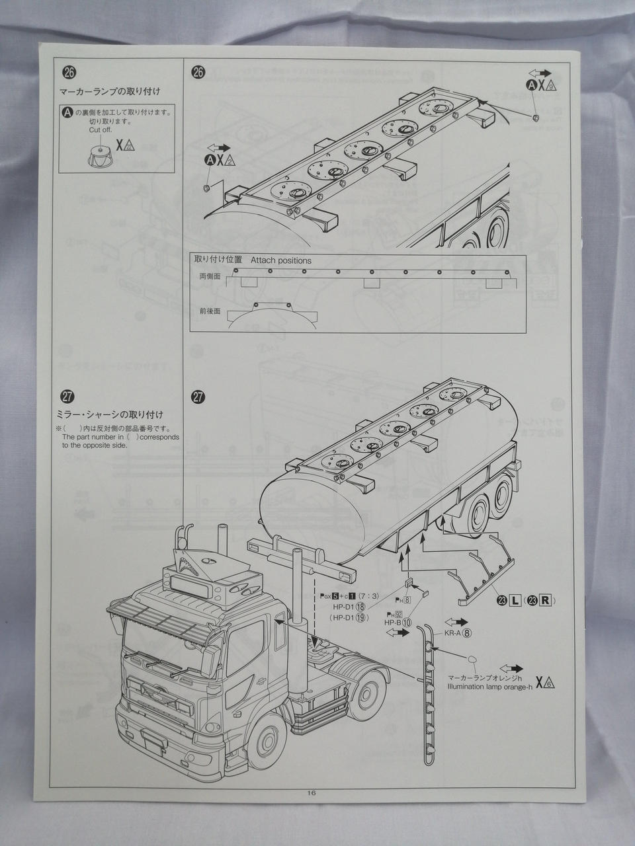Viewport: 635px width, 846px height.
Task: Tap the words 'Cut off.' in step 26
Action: pos(100,130)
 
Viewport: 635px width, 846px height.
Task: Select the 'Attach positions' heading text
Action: pos(280,260)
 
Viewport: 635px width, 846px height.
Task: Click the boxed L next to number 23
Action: pos(514,600)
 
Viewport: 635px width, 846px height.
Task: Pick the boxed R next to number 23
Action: pos(545,600)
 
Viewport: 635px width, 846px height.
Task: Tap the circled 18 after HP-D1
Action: pos(360,606)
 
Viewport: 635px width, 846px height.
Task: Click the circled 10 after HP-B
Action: pos(406,623)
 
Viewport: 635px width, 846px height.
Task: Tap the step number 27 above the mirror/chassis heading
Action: pos(67,397)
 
